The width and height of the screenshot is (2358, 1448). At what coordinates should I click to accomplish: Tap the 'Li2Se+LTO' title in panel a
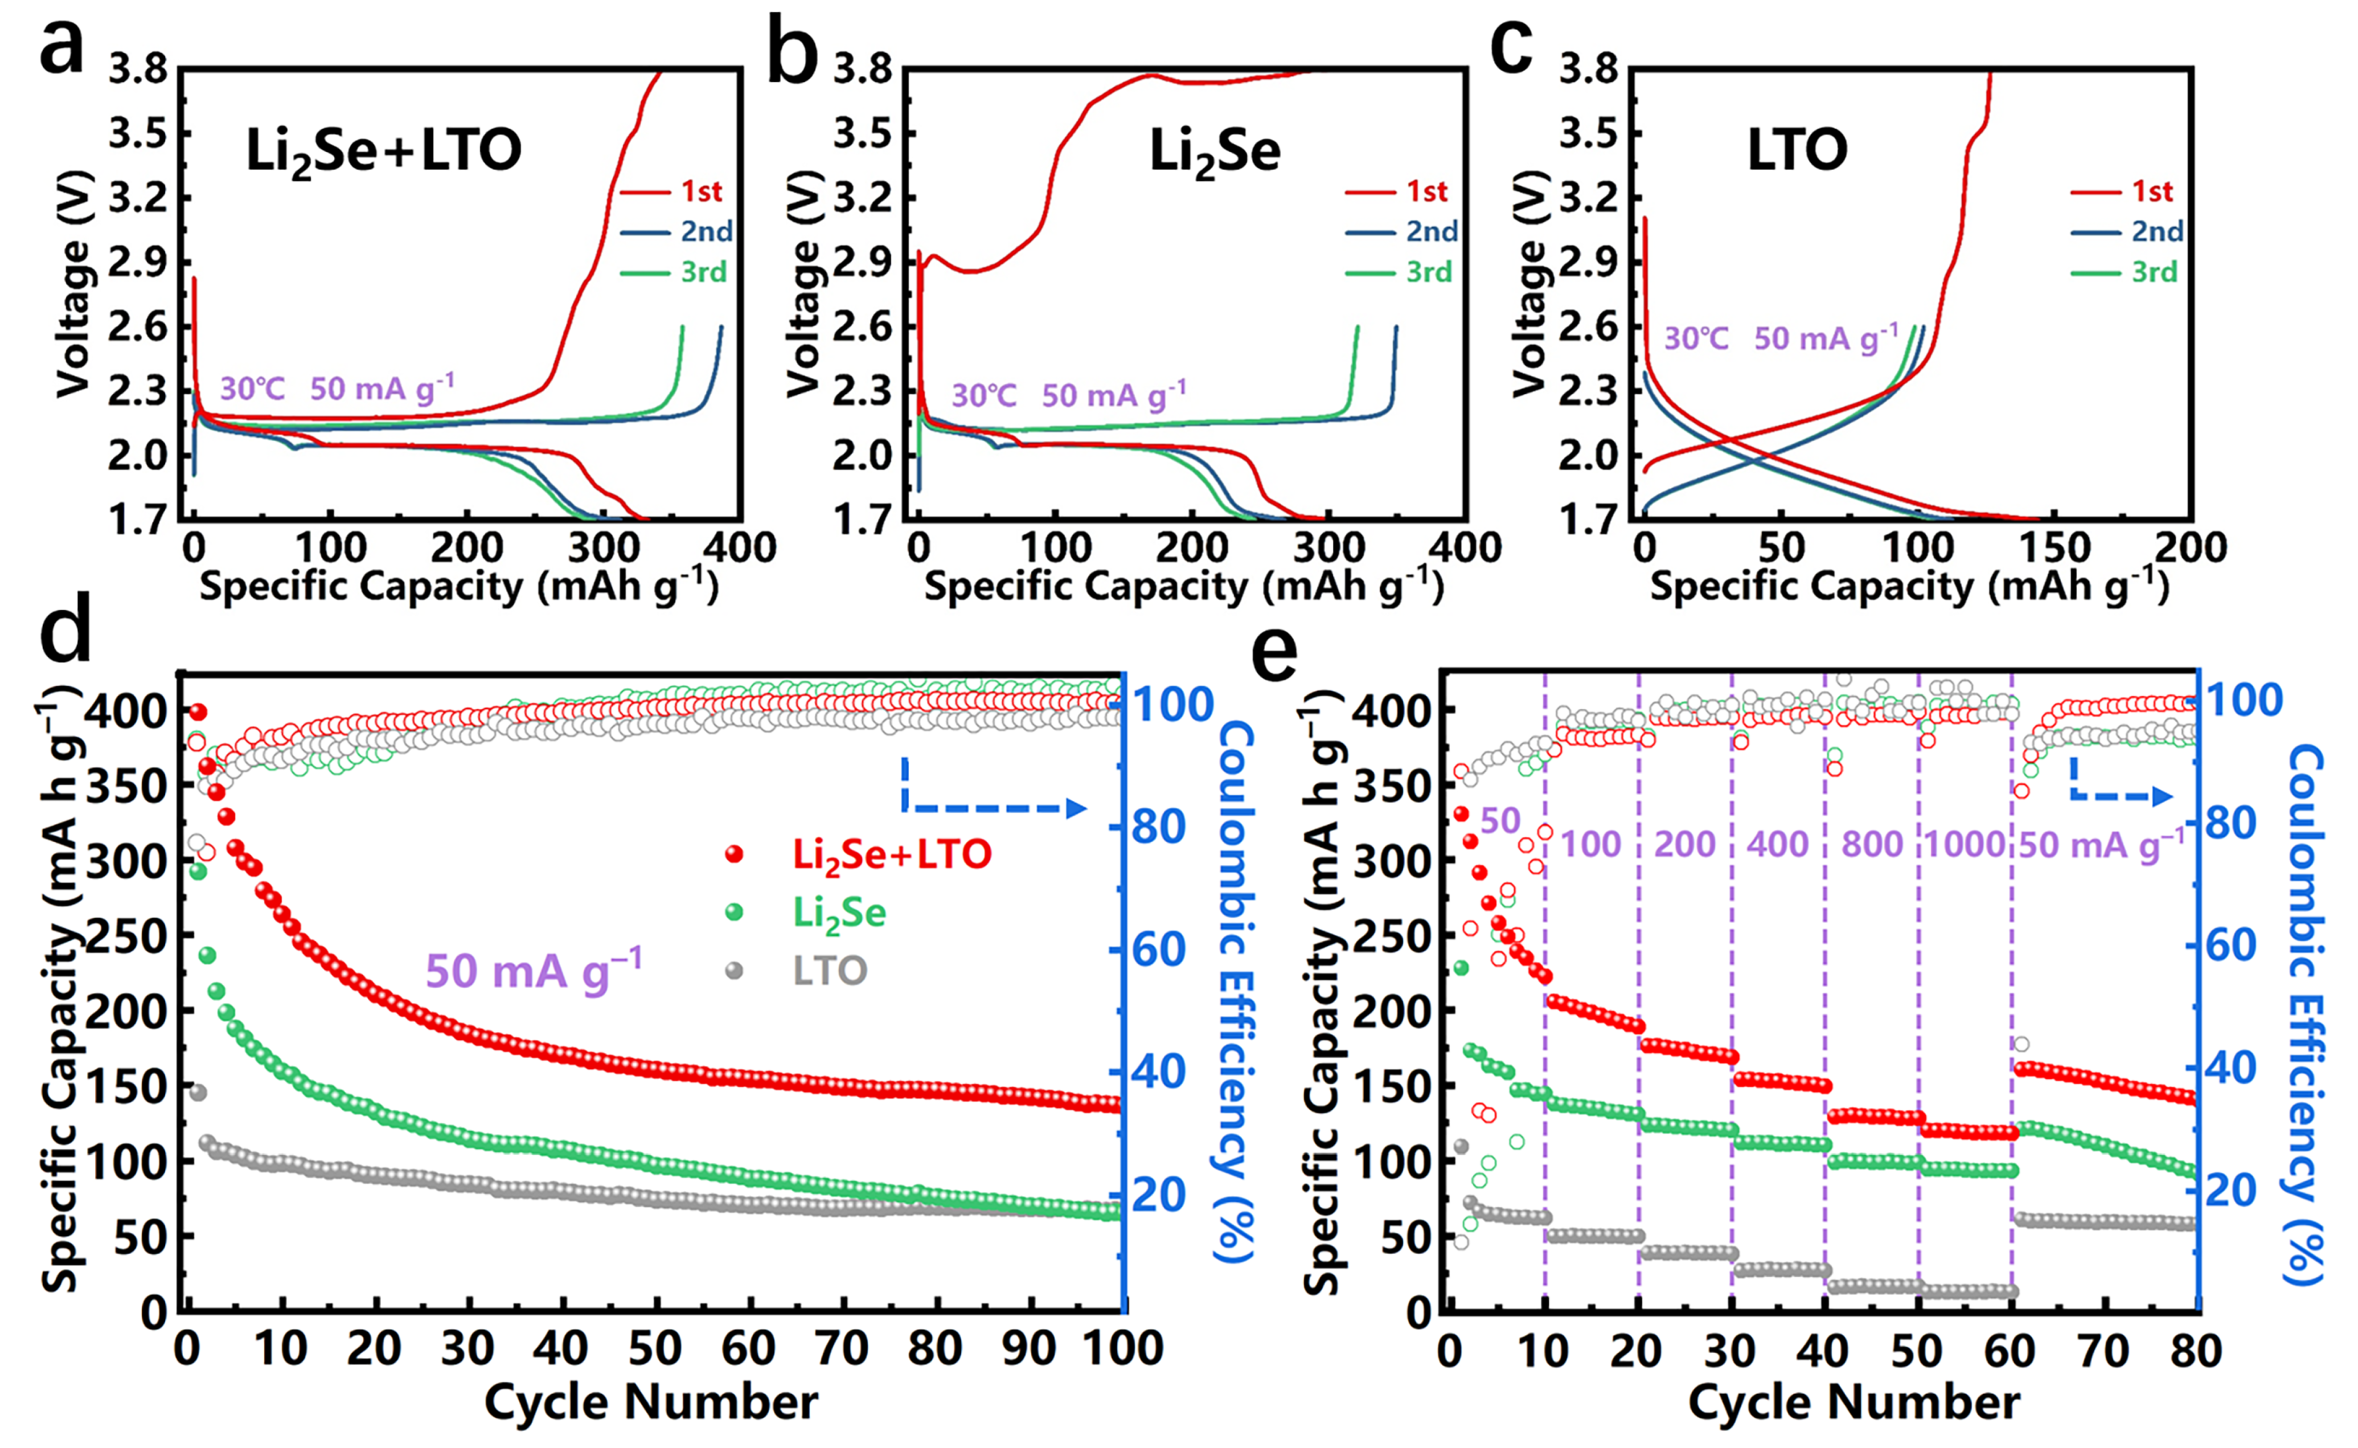(x=383, y=152)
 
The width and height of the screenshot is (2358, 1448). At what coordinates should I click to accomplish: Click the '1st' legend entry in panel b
(x=1426, y=191)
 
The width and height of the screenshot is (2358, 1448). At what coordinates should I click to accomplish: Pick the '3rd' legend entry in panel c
(x=2153, y=273)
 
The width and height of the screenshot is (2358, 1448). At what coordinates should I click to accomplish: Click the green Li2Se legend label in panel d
(x=839, y=913)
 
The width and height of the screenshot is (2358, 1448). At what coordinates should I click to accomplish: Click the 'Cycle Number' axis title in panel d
(x=651, y=1402)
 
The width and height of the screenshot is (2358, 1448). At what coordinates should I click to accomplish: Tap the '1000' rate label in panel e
(x=1965, y=845)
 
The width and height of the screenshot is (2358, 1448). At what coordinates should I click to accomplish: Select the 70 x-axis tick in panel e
(x=2103, y=1351)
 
